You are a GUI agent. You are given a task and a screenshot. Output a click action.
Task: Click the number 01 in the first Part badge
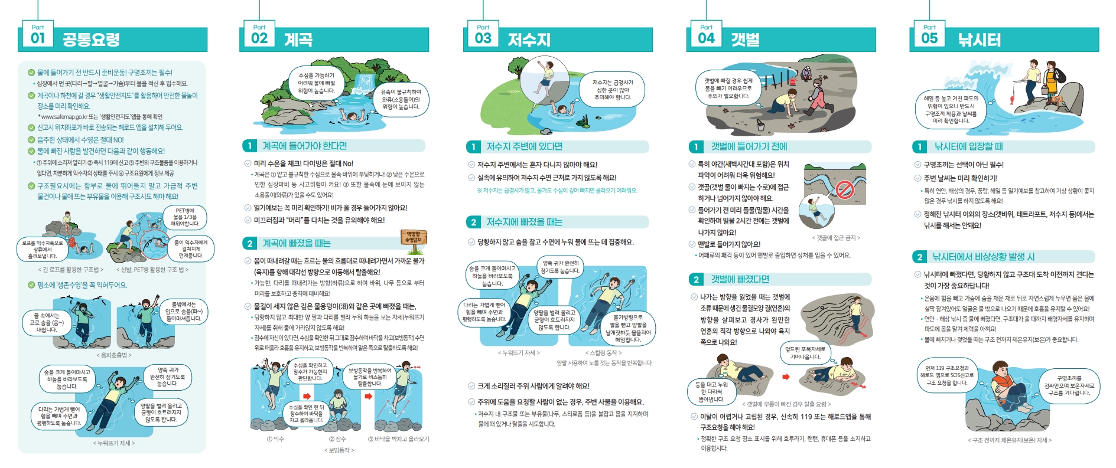[x=38, y=38]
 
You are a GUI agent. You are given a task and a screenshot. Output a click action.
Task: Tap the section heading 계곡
[x=298, y=40]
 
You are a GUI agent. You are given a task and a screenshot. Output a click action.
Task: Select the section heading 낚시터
[x=979, y=40]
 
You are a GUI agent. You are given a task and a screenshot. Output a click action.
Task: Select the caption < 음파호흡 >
[x=114, y=355]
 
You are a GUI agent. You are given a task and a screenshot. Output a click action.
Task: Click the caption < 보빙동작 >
[x=339, y=450]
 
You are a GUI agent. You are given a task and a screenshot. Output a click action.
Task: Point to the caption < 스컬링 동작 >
[x=603, y=353]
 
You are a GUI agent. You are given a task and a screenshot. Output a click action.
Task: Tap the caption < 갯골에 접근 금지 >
[x=836, y=238]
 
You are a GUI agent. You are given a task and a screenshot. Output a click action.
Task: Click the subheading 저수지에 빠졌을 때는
[x=524, y=222]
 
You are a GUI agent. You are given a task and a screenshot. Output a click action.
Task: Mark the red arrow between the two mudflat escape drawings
[x=786, y=377]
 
